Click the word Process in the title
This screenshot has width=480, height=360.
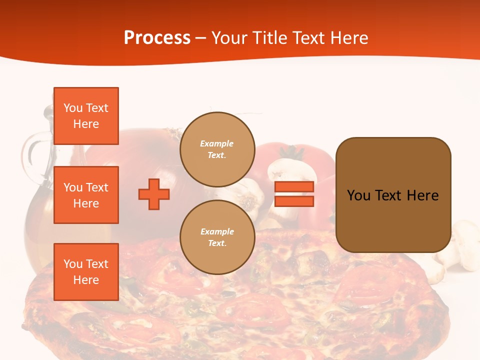tap(157, 38)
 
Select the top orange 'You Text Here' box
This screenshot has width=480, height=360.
tap(86, 116)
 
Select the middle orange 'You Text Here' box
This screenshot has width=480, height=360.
tap(86, 195)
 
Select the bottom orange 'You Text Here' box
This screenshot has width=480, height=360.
tap(86, 272)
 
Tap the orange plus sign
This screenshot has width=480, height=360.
tap(154, 194)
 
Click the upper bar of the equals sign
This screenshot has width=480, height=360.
tap(294, 186)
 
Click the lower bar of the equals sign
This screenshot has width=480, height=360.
tap(294, 201)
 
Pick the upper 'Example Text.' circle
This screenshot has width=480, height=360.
tap(217, 149)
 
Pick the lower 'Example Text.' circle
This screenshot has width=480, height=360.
tap(217, 237)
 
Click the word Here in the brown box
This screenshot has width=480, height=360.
tap(422, 195)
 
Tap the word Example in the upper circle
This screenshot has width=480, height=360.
tap(216, 143)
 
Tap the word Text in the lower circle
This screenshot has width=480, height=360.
tap(216, 243)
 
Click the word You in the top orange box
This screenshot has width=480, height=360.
tap(73, 108)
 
